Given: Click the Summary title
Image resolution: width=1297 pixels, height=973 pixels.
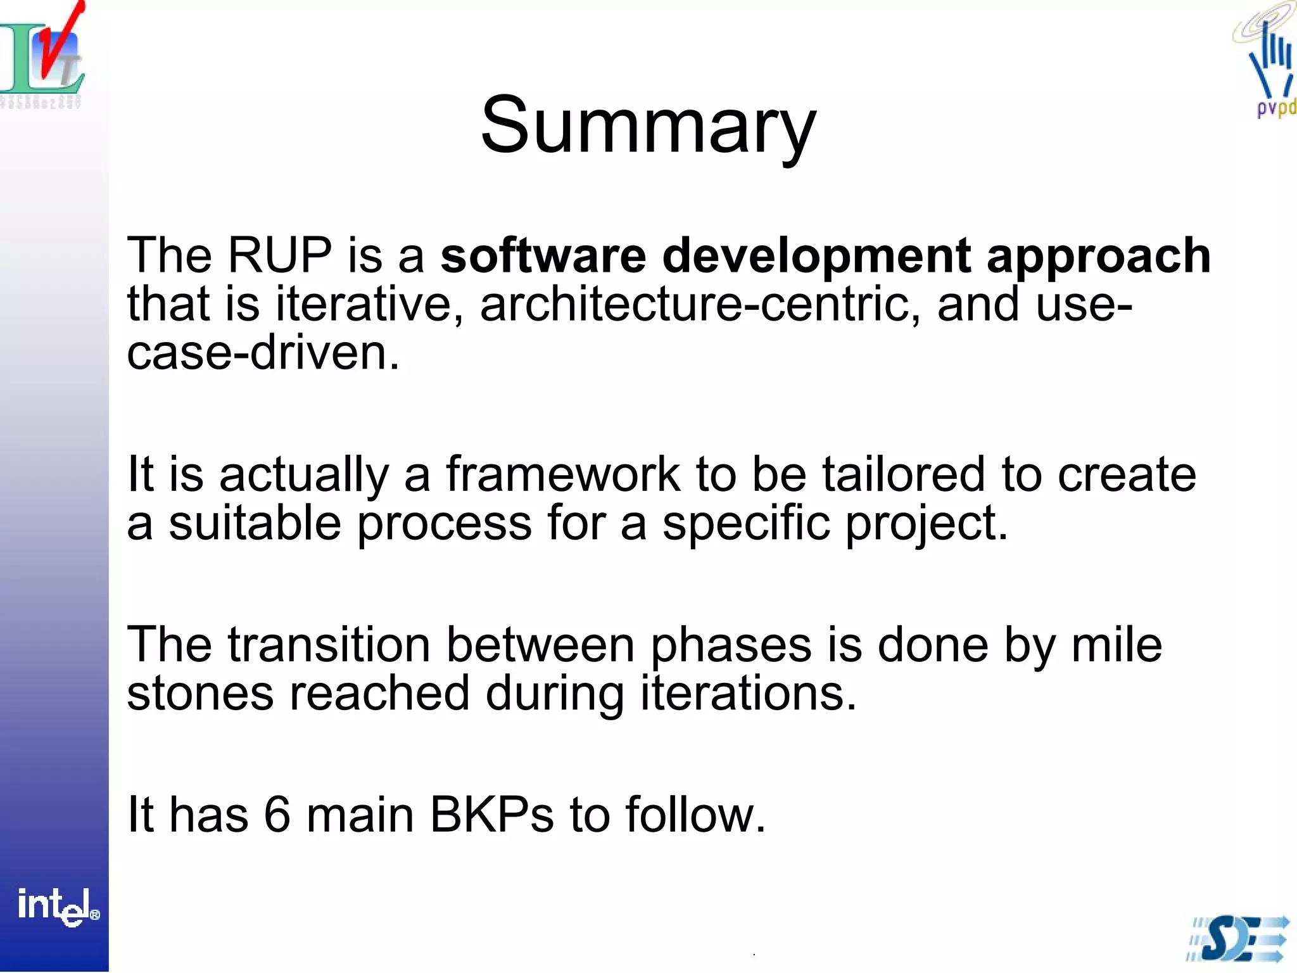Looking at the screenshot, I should pos(648,125).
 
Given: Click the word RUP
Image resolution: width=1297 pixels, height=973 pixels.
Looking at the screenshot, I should pos(279,255).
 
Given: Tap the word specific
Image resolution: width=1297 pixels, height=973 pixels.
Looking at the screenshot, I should pos(746,525).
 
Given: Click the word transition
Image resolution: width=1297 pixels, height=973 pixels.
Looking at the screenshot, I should pos(329,645).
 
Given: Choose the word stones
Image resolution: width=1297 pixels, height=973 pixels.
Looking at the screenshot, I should pos(200,693).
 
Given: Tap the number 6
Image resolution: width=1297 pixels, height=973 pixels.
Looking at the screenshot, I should pos(277,815).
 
